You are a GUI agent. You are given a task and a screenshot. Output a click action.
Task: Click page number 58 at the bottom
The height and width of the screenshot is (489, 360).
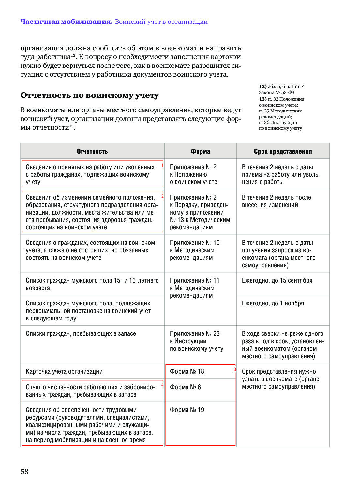point(24,471)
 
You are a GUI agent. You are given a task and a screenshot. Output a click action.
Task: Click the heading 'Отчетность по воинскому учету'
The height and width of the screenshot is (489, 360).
point(90,95)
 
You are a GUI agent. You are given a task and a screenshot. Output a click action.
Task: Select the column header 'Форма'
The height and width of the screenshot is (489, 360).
point(200,151)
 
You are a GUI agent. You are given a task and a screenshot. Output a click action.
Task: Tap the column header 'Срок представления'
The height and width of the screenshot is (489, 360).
point(283,151)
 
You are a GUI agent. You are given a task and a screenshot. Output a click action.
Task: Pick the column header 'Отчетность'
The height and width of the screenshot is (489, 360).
point(92,151)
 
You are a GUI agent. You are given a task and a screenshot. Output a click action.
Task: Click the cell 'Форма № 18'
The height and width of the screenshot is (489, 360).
point(187,371)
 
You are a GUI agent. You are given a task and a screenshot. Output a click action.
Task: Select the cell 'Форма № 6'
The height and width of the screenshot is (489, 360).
point(185,387)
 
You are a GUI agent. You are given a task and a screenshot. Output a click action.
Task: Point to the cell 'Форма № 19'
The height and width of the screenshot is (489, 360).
point(187,410)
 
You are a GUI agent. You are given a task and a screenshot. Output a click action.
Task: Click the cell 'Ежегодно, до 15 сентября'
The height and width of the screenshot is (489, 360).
point(277,281)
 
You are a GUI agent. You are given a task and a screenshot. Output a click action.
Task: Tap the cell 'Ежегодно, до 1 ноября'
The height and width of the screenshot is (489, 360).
point(273,304)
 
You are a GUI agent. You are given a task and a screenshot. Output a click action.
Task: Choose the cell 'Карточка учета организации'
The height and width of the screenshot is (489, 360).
point(64,371)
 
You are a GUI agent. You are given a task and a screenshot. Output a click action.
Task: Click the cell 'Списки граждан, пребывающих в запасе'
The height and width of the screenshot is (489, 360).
point(81,334)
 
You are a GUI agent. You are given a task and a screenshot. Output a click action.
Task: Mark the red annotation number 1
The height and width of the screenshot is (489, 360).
point(162,166)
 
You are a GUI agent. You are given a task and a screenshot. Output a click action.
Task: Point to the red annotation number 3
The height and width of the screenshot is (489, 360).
point(235,369)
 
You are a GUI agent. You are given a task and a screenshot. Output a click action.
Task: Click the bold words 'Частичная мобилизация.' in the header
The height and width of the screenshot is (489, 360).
point(66,22)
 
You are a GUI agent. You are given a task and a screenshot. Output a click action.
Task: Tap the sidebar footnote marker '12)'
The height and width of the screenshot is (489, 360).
point(262,86)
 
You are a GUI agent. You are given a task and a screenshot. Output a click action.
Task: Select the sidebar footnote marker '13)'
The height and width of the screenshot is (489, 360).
point(262,99)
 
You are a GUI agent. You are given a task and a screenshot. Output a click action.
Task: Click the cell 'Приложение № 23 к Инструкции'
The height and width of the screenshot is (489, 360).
point(196,341)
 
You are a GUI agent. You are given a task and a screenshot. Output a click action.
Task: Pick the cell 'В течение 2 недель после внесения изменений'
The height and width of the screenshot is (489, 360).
point(276,201)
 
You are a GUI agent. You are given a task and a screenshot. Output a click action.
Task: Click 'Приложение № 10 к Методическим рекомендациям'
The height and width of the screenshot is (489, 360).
point(195,250)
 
